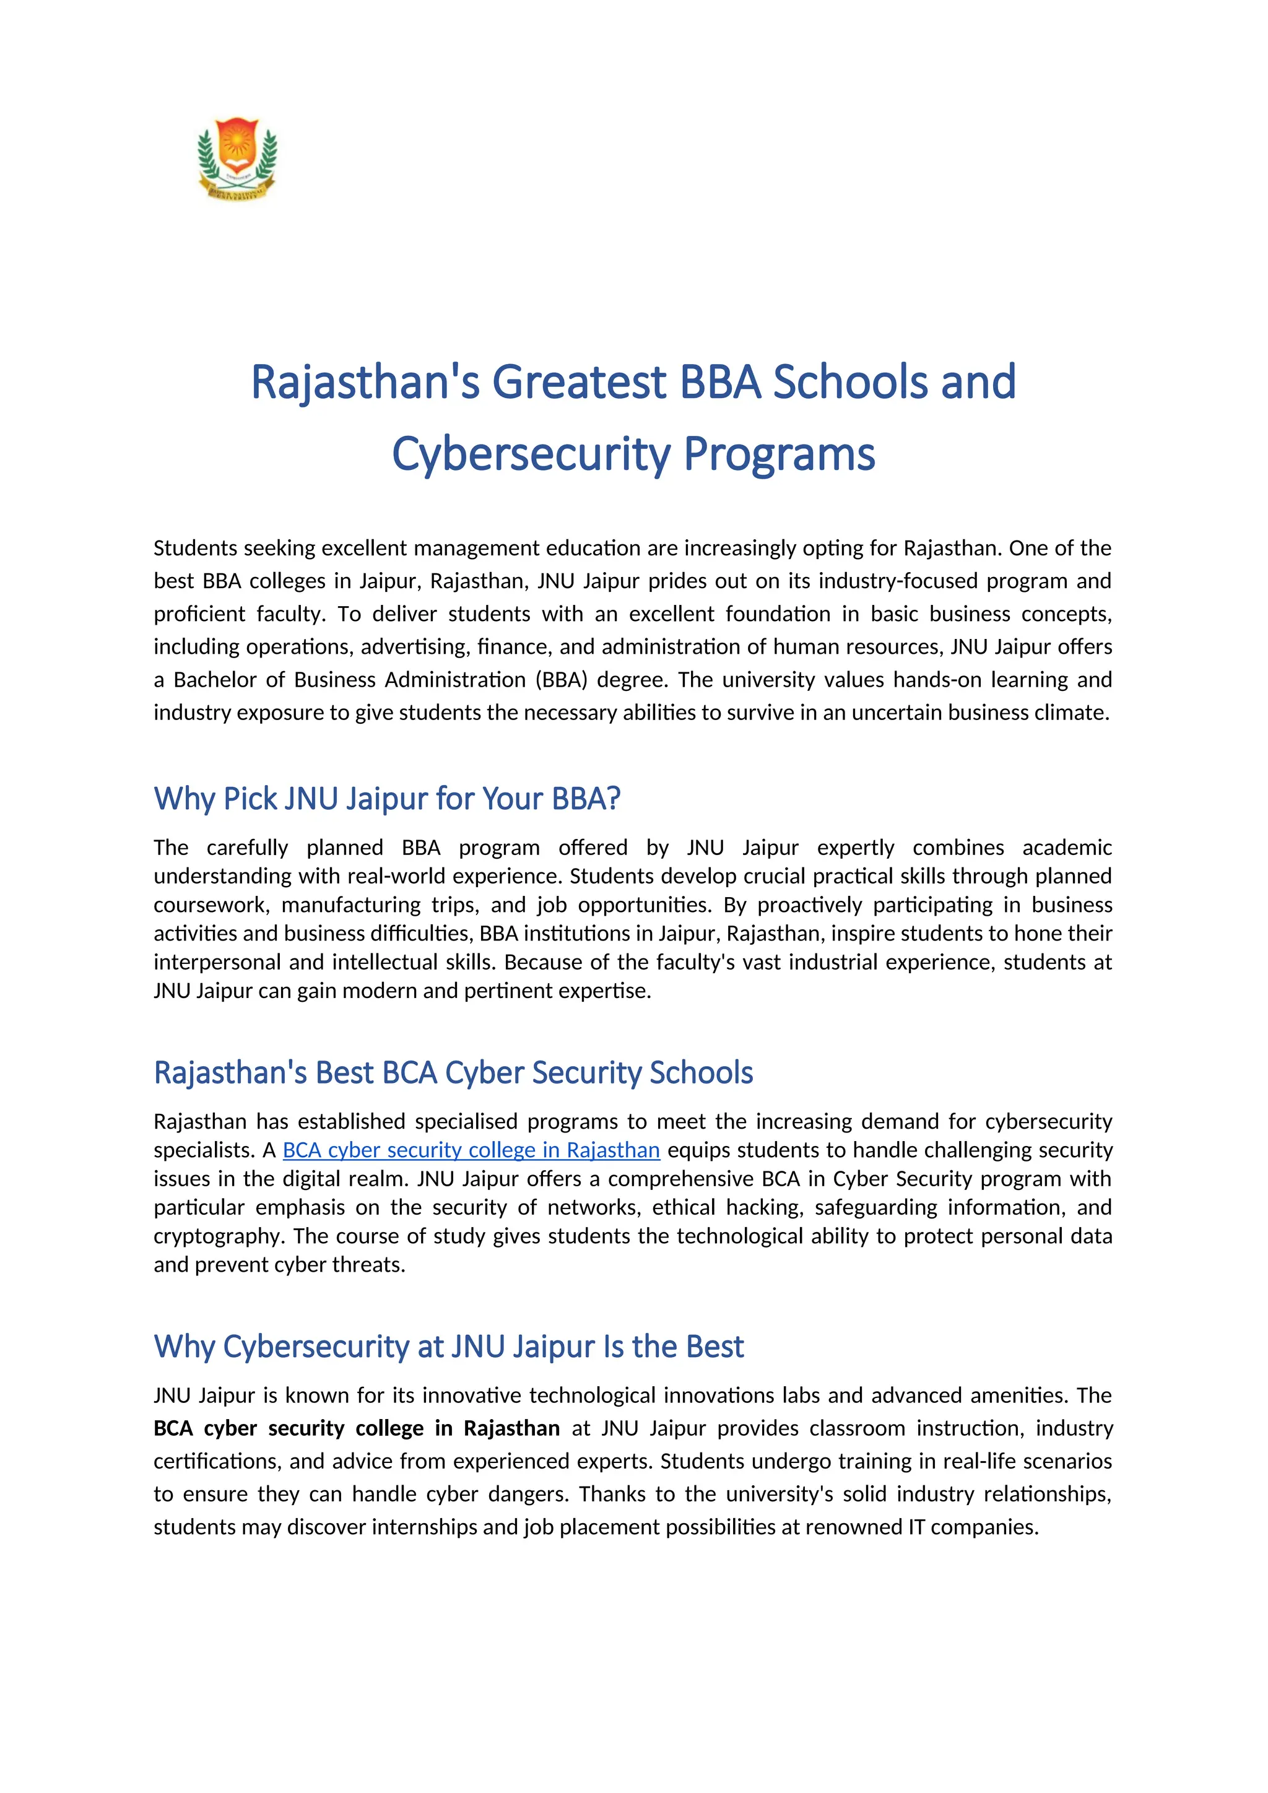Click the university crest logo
pos(237,158)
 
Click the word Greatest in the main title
pos(580,382)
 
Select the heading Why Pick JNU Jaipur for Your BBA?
pos(387,799)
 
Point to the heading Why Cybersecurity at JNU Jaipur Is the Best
pos(449,1347)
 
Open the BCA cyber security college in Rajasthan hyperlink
pos(471,1150)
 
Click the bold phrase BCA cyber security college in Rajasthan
pos(357,1428)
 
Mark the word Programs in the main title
pos(779,454)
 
